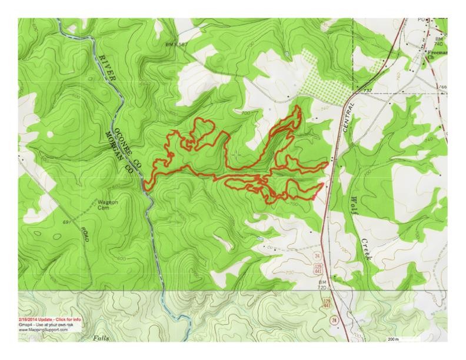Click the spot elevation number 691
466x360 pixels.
(66, 222)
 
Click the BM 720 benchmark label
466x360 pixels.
(322, 286)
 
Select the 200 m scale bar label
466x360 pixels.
(394, 339)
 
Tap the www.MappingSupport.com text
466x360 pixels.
(44, 330)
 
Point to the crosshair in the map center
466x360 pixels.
(237, 155)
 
